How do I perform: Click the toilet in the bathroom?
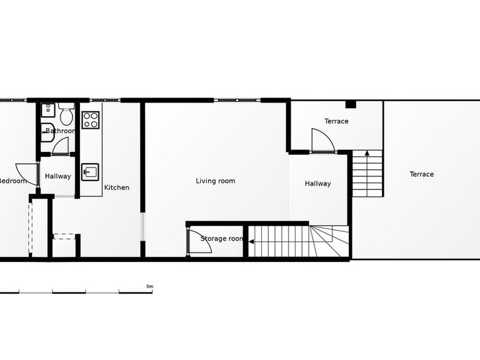(67, 116)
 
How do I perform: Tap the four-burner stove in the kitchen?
(91, 119)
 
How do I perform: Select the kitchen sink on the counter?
(90, 171)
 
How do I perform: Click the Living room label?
(216, 181)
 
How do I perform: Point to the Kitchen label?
(116, 187)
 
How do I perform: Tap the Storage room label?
(222, 239)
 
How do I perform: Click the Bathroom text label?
(61, 131)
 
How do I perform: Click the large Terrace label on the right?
(421, 174)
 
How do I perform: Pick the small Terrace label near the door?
(336, 121)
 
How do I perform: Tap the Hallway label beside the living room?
(317, 184)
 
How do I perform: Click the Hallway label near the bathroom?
(58, 176)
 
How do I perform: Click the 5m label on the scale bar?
(149, 286)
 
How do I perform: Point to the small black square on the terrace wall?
(351, 104)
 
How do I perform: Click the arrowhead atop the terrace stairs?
(367, 152)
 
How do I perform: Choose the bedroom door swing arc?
(26, 170)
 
